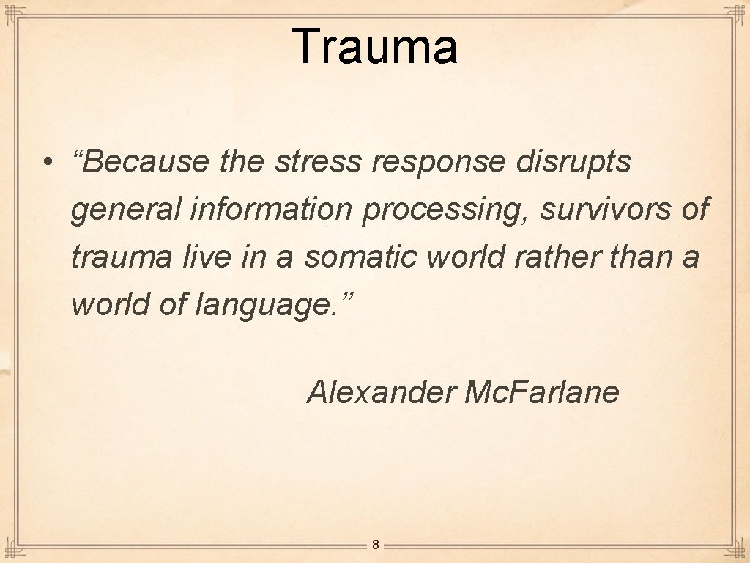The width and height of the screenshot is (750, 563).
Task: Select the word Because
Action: [x=146, y=162]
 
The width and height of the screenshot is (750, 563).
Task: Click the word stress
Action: [x=318, y=162]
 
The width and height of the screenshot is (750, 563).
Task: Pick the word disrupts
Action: [x=573, y=162]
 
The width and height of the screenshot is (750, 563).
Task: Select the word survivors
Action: [x=605, y=210]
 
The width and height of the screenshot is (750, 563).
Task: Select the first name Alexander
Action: [x=381, y=392]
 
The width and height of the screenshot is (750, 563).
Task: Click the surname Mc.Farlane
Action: [x=542, y=392]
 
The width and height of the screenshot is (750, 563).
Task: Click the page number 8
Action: [x=375, y=545]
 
